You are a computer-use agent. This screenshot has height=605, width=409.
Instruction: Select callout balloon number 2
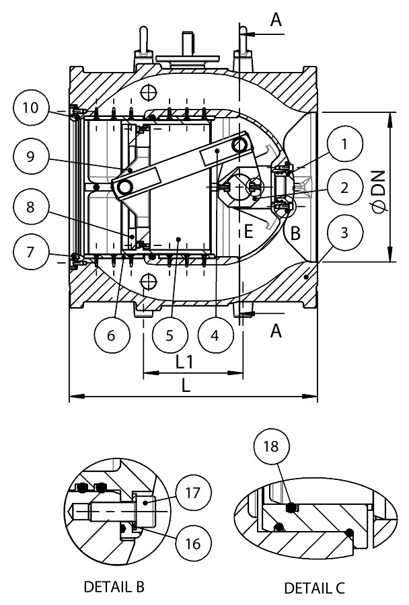(344, 189)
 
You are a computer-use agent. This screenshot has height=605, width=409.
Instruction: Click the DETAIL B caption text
(114, 587)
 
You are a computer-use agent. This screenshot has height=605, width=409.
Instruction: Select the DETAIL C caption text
(314, 587)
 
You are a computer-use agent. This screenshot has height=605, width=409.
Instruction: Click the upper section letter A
(275, 21)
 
